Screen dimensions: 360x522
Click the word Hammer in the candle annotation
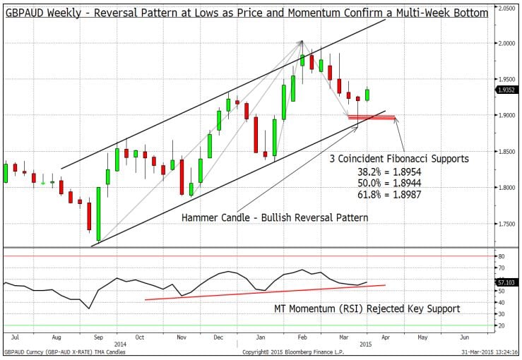pyautogui.click(x=201, y=217)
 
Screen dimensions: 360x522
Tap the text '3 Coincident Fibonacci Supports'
pyautogui.click(x=399, y=159)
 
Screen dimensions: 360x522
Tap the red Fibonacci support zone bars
pyautogui.click(x=372, y=117)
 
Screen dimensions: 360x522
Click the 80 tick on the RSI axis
pyautogui.click(x=500, y=256)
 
